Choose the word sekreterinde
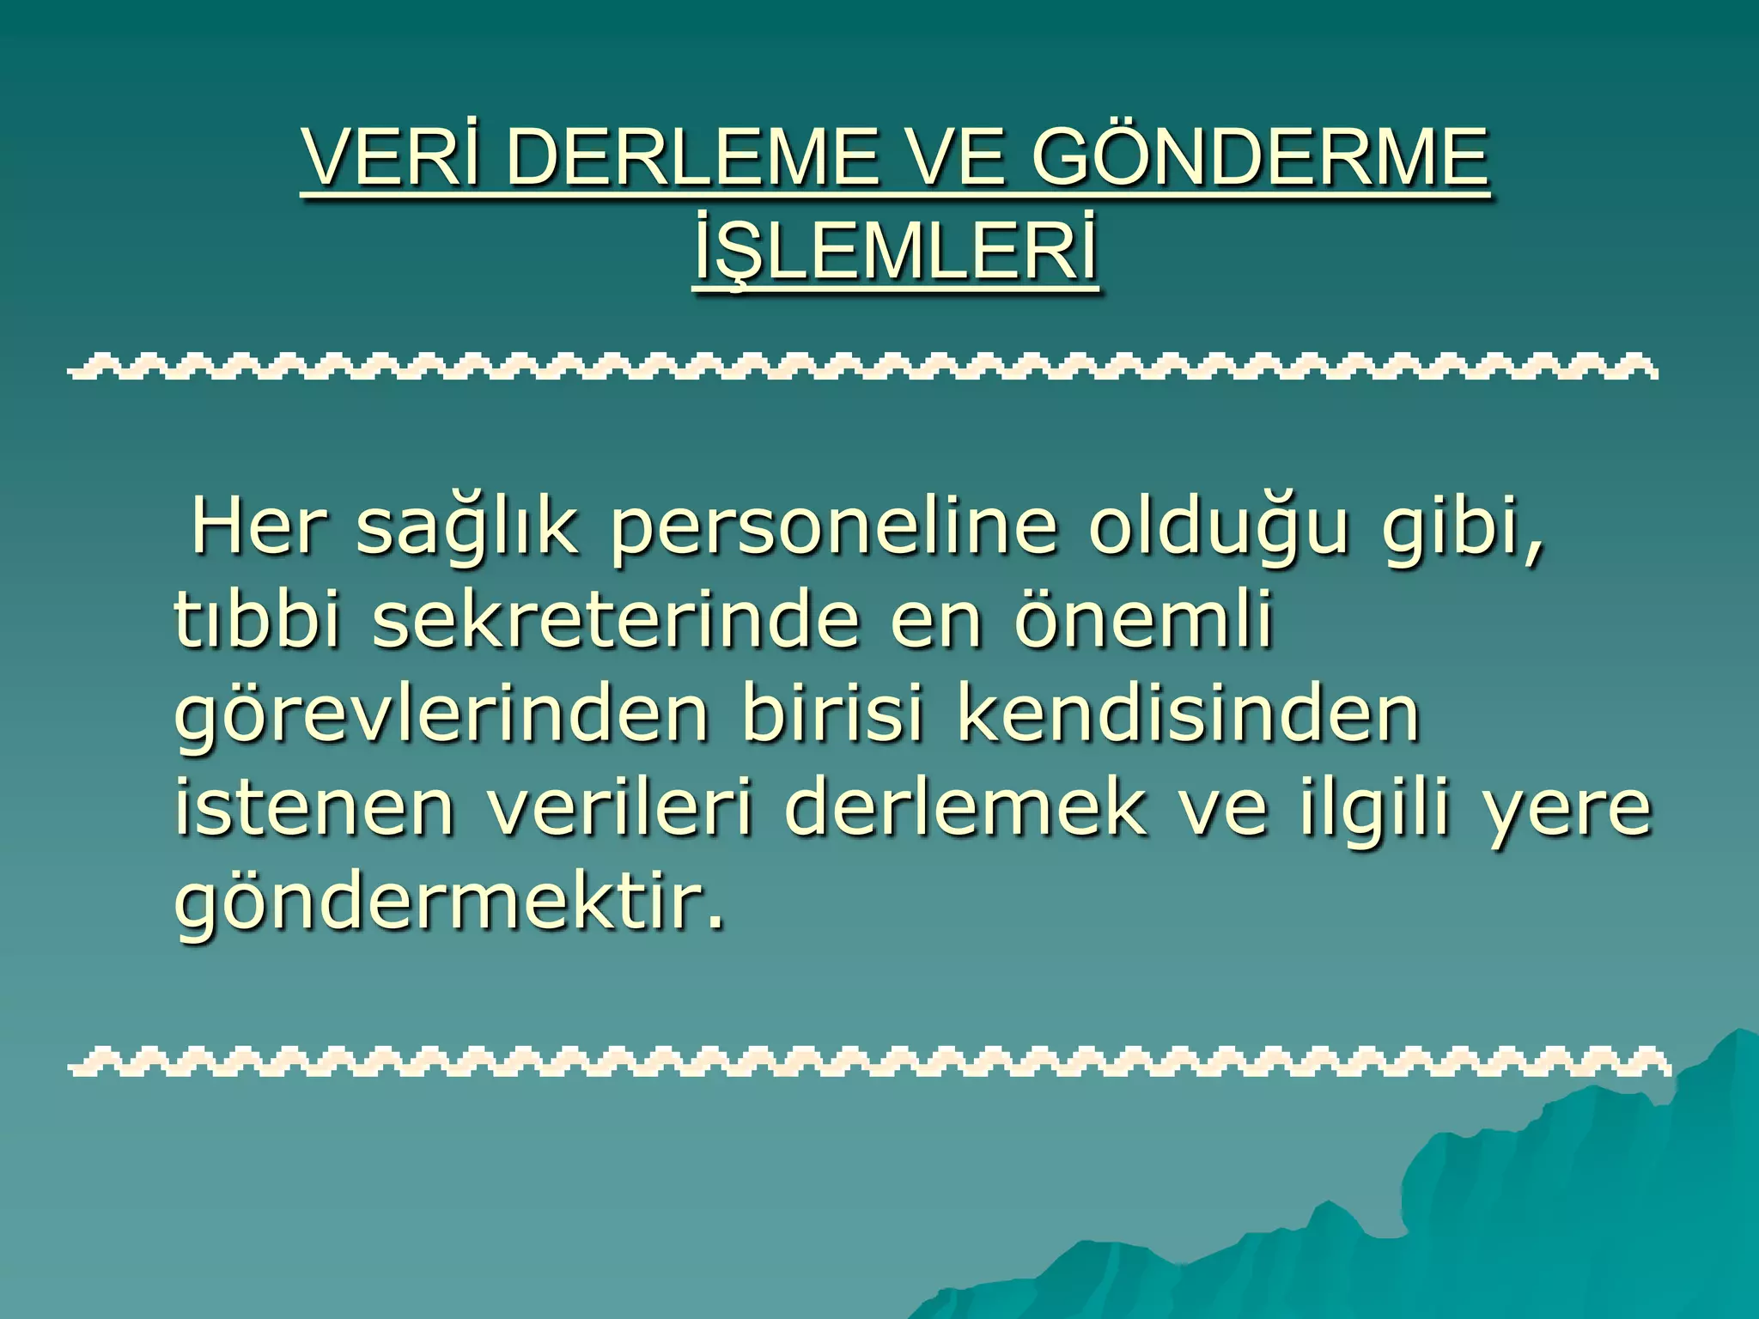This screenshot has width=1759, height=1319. pyautogui.click(x=615, y=621)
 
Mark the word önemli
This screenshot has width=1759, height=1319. pyautogui.click(x=1142, y=621)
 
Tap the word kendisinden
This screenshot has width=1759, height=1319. pyautogui.click(x=1188, y=714)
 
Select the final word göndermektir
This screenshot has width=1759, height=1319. pyautogui.click(x=448, y=905)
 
